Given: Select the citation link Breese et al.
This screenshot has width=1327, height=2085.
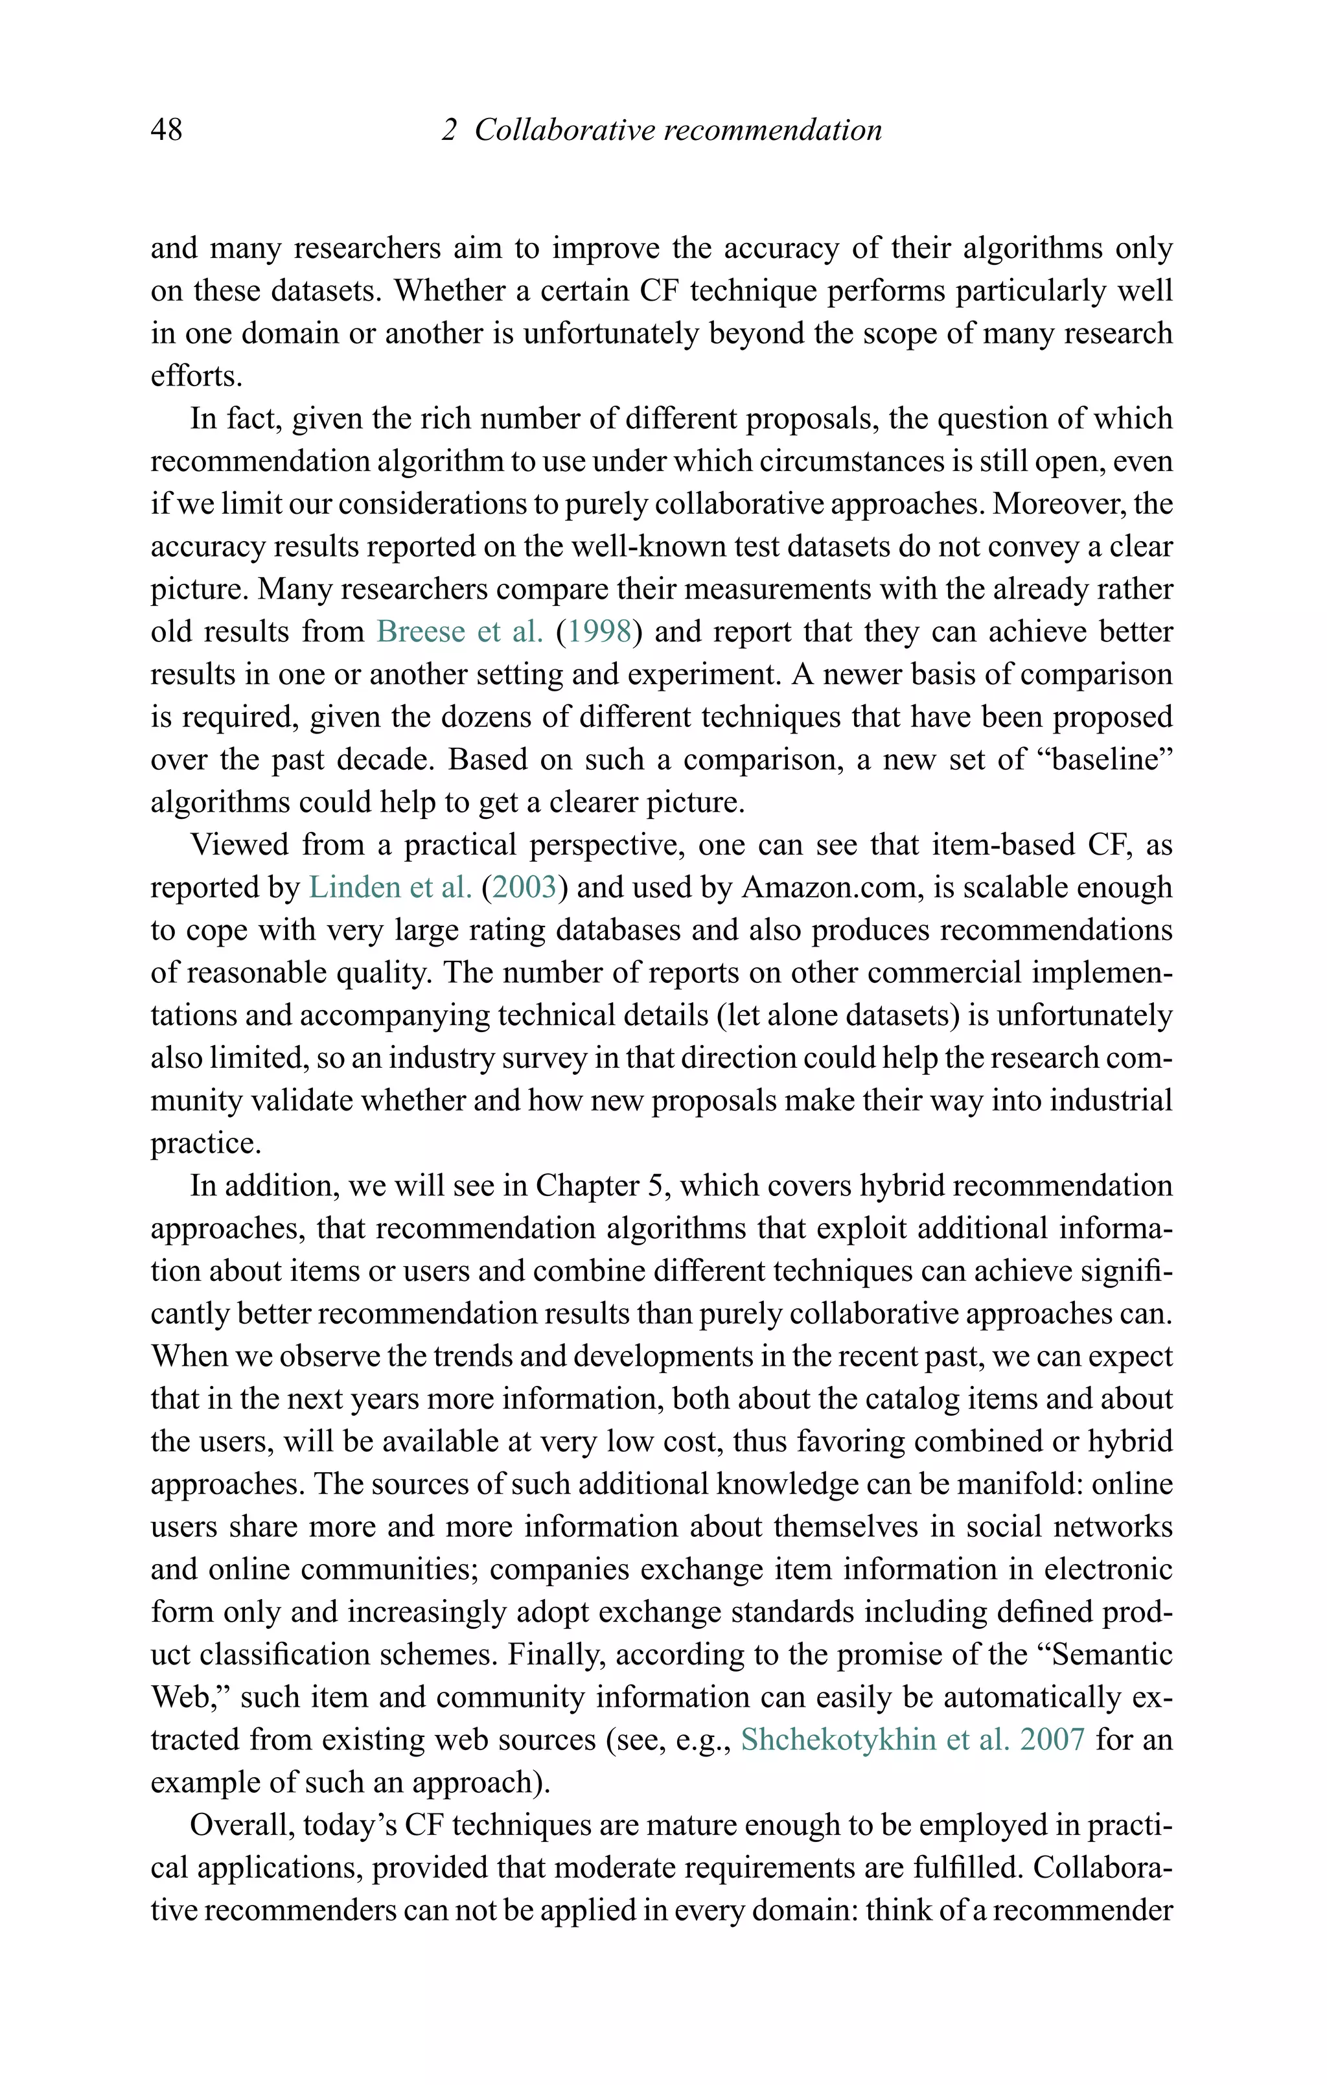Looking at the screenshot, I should coord(459,631).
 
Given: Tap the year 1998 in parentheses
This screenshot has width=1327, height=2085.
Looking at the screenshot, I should coord(599,631).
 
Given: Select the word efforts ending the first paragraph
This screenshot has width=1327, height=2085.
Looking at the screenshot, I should coord(196,376).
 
